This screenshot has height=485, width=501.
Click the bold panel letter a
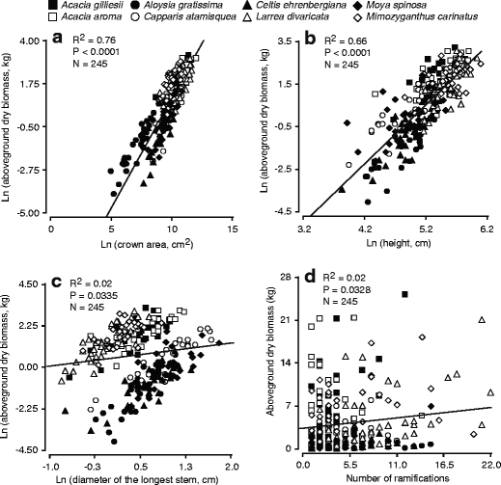coord(59,39)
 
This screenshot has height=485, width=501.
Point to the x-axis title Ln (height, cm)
coord(397,244)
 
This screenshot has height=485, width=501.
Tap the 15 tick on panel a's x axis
coord(232,230)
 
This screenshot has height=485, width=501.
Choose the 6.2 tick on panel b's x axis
coord(486,230)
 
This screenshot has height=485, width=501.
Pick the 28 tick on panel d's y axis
coord(286,277)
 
